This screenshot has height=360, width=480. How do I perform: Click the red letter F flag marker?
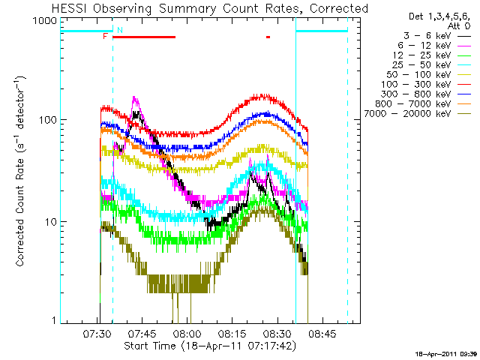tap(105, 36)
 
